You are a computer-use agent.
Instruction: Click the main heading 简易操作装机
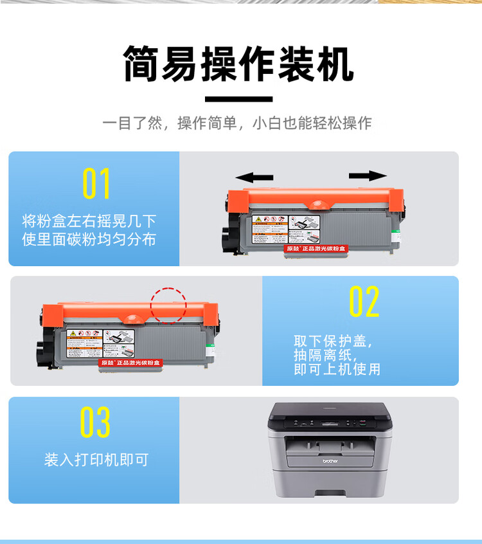(239, 64)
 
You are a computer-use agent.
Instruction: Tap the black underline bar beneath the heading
(239, 100)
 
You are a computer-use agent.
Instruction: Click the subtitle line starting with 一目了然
(237, 123)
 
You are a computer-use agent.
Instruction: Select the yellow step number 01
(96, 184)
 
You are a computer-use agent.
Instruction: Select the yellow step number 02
(364, 302)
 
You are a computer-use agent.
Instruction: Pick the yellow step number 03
(95, 422)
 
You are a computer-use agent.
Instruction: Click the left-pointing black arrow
(254, 177)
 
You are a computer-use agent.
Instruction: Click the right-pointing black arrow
(368, 176)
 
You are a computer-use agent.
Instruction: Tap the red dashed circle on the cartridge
(168, 304)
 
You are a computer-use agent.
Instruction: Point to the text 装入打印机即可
(96, 460)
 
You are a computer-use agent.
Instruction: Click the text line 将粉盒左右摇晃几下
(89, 222)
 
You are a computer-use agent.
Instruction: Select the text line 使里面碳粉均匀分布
(89, 240)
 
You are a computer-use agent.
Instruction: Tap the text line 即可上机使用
(337, 369)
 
